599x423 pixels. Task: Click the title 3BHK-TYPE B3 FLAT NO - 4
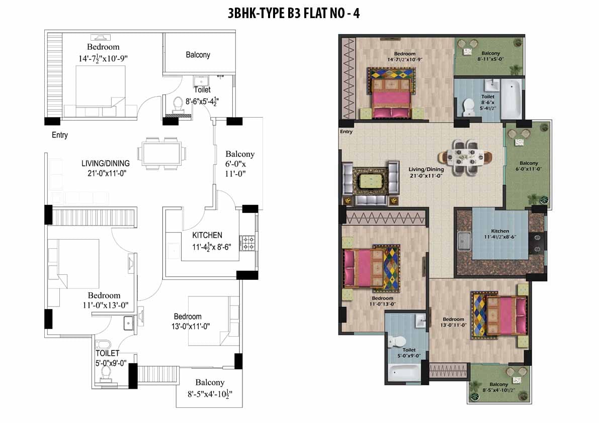pyautogui.click(x=293, y=14)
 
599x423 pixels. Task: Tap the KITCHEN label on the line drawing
pyautogui.click(x=207, y=235)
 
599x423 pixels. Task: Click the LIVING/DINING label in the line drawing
pyautogui.click(x=106, y=163)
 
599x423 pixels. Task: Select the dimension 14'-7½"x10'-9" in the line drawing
pyautogui.click(x=103, y=58)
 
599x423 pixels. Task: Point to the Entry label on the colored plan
pyautogui.click(x=346, y=132)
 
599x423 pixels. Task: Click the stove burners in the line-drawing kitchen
pyautogui.click(x=247, y=243)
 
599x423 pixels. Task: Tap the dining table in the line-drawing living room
pyautogui.click(x=162, y=154)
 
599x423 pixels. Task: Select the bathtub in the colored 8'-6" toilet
pyautogui.click(x=511, y=99)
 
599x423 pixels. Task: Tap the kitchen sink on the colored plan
pyautogui.click(x=464, y=241)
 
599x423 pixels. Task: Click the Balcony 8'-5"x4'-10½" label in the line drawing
pyautogui.click(x=210, y=388)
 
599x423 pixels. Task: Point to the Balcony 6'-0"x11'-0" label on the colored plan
pyautogui.click(x=529, y=166)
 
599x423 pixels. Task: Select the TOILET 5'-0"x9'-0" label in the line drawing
pyautogui.click(x=111, y=358)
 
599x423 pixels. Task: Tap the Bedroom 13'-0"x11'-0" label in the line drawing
pyautogui.click(x=190, y=322)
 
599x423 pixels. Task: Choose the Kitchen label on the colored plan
pyautogui.click(x=500, y=231)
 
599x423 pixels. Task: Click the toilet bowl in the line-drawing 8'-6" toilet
pyautogui.click(x=178, y=104)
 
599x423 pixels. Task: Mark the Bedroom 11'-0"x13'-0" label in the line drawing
pyautogui.click(x=105, y=300)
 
